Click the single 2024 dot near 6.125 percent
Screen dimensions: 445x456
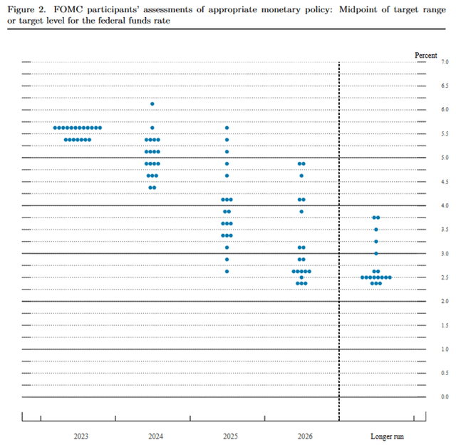point(152,104)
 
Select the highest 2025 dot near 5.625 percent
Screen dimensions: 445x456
point(227,128)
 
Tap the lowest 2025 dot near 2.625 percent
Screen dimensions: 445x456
point(227,271)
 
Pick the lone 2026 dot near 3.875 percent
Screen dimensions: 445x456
point(301,211)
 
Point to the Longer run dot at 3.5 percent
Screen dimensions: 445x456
point(376,230)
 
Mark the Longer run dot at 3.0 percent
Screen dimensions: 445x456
point(376,253)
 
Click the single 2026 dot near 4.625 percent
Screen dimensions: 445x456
point(301,175)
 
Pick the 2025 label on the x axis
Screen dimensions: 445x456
point(227,434)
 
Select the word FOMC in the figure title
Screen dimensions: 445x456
point(63,9)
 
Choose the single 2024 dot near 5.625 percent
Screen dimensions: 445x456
point(152,128)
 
